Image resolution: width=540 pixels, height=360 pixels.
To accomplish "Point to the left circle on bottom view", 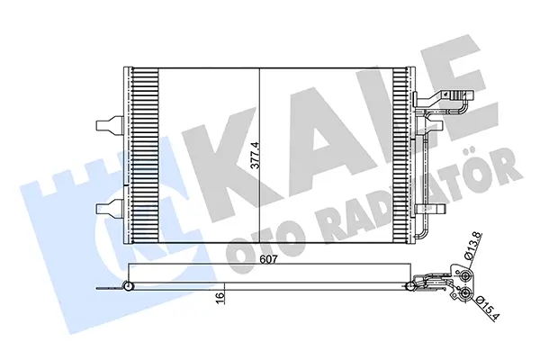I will pos(128,287).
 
